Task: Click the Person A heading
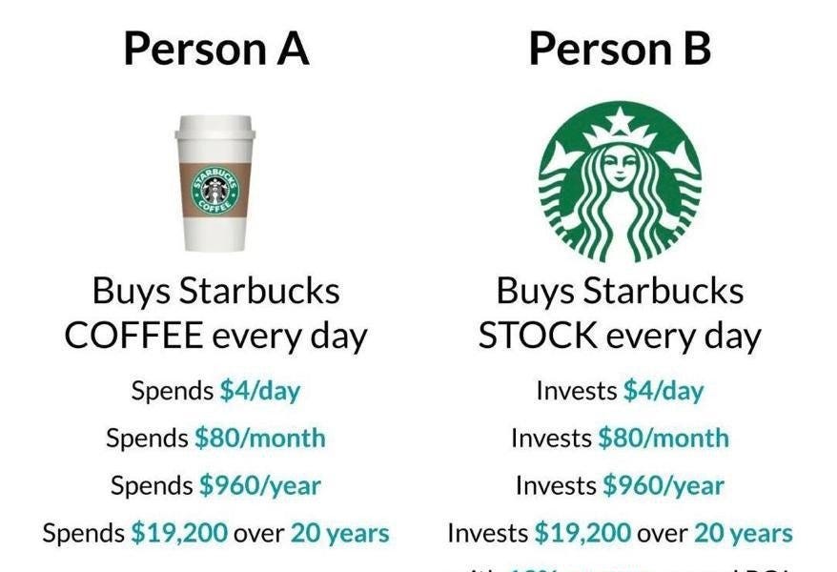tap(216, 49)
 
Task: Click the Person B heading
tap(620, 49)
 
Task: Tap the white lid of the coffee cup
tap(215, 133)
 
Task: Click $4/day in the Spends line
tap(260, 390)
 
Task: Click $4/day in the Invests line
tap(663, 390)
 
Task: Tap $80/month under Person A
tap(260, 438)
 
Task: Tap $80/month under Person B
tap(663, 438)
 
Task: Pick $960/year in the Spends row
tap(260, 485)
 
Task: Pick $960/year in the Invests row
tap(663, 485)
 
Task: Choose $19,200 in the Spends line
tap(179, 533)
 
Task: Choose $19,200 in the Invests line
tap(582, 533)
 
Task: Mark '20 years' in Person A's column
tap(340, 533)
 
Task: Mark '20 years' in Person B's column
tap(744, 533)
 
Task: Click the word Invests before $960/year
tap(555, 485)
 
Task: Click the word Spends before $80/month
tap(147, 438)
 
